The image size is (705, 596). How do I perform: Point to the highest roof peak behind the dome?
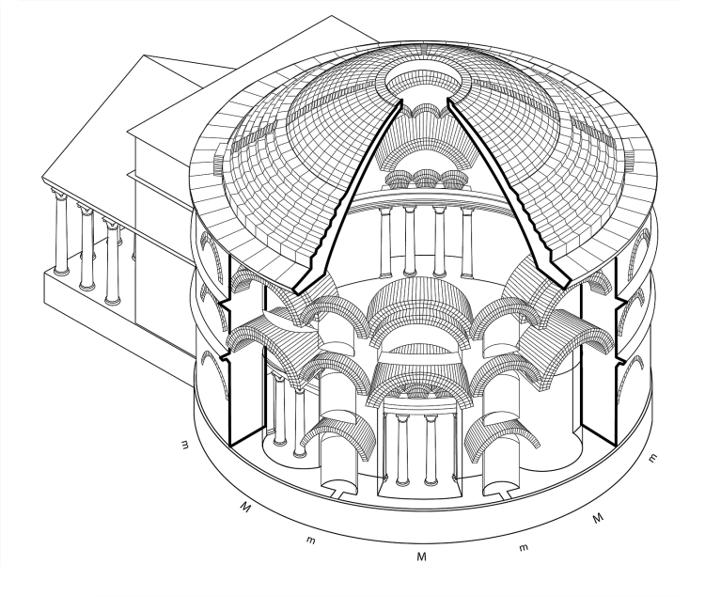[x=332, y=16]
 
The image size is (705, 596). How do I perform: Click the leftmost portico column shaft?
[x=60, y=234]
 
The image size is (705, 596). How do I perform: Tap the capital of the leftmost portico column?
[x=59, y=195]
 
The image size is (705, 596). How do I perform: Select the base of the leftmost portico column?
[x=61, y=272]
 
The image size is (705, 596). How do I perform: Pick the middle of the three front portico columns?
[x=86, y=249]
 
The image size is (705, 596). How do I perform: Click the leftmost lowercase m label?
[x=184, y=445]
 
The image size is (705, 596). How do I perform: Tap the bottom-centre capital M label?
[x=421, y=557]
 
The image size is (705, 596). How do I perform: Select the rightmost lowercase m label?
[x=653, y=459]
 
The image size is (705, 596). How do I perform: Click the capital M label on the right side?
[x=597, y=518]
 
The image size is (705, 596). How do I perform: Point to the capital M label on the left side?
[x=245, y=507]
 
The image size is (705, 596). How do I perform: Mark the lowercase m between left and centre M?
[x=310, y=540]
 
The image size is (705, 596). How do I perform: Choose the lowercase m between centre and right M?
[x=524, y=547]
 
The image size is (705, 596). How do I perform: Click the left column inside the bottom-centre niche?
[x=402, y=449]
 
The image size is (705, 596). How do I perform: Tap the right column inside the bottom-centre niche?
[x=431, y=449]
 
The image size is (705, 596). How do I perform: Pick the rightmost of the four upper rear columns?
[x=467, y=243]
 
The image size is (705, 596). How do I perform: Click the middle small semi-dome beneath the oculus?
[x=426, y=179]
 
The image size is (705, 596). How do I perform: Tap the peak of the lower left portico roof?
[x=144, y=55]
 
